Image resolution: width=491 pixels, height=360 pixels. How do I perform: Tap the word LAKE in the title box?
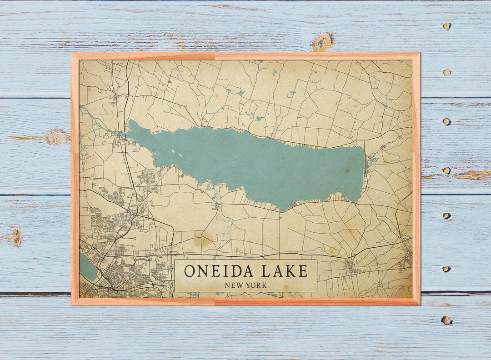pos(285,271)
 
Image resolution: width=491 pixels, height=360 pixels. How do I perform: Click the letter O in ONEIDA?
pos(190,271)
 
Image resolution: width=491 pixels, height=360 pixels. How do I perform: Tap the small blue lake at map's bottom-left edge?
pos(88,268)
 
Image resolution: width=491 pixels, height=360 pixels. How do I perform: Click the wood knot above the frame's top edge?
pos(322,42)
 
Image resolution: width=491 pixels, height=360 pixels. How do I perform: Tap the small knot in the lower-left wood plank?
pos(17,237)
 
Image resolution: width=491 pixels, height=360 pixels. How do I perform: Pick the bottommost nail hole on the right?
pos(446,320)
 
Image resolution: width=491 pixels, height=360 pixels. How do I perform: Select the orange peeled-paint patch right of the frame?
pos(473,175)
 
